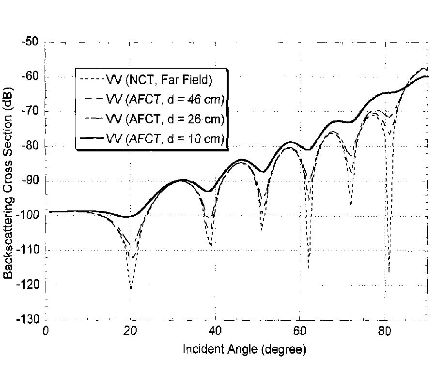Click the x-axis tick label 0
pyautogui.click(x=46, y=331)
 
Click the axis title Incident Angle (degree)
pyautogui.click(x=244, y=349)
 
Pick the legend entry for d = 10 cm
pyautogui.click(x=165, y=139)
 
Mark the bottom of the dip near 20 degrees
pyautogui.click(x=131, y=289)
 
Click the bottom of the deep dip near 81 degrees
pyautogui.click(x=389, y=272)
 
